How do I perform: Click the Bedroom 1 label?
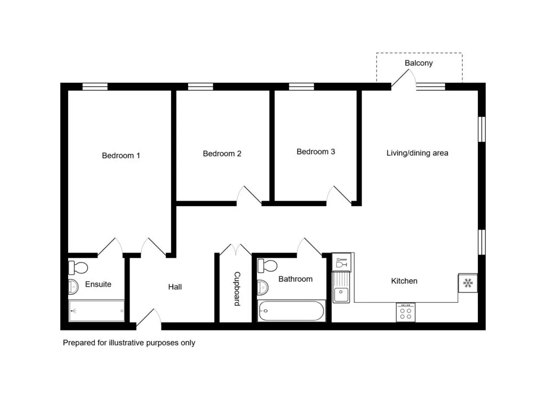[121, 155]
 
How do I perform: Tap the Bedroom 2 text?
[222, 154]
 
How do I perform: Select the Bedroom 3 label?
[316, 152]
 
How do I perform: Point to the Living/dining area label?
[417, 153]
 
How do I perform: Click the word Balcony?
[419, 63]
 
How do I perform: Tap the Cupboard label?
[237, 289]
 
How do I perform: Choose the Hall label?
[175, 287]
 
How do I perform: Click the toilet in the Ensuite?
[78, 268]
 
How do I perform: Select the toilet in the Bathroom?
[268, 266]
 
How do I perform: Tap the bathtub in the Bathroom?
[292, 311]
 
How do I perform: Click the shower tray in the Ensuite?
[97, 311]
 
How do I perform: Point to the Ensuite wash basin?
[74, 287]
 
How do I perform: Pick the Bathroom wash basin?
[263, 287]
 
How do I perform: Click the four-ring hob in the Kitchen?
[406, 312]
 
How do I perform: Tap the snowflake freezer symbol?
[468, 283]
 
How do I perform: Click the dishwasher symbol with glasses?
[341, 263]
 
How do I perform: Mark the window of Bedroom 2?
[200, 86]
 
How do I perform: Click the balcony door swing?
[404, 78]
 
